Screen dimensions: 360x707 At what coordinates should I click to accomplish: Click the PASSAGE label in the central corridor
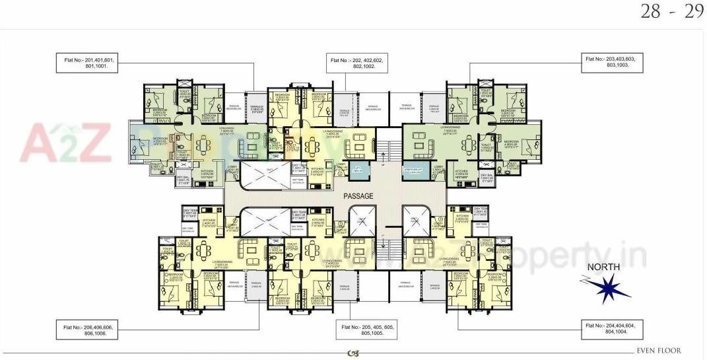tap(358, 196)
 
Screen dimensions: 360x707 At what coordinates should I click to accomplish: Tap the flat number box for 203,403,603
tap(613, 63)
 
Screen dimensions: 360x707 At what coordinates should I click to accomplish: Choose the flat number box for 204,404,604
tap(613, 329)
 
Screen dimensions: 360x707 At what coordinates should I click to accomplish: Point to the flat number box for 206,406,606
tap(90, 330)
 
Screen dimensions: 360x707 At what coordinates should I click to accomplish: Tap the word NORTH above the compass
tap(600, 267)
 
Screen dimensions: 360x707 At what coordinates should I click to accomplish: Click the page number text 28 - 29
tap(671, 13)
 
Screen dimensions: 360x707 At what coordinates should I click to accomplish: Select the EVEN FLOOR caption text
tap(659, 351)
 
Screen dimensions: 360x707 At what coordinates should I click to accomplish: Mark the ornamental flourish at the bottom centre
tap(353, 353)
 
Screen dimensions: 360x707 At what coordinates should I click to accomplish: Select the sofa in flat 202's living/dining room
tap(360, 141)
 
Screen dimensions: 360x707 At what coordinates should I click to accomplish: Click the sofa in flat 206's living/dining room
tap(250, 249)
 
